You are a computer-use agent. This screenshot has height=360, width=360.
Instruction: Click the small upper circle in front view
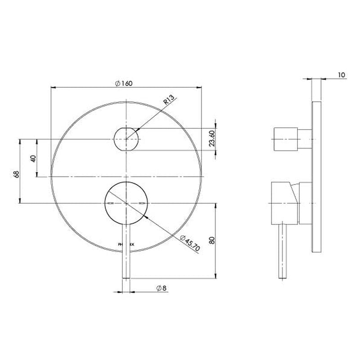[x=126, y=139]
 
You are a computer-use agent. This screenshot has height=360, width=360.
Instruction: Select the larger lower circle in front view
[x=126, y=203]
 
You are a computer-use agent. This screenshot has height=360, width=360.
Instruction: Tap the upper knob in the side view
[x=285, y=139]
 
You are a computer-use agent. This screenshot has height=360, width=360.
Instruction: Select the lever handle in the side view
[x=283, y=252]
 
